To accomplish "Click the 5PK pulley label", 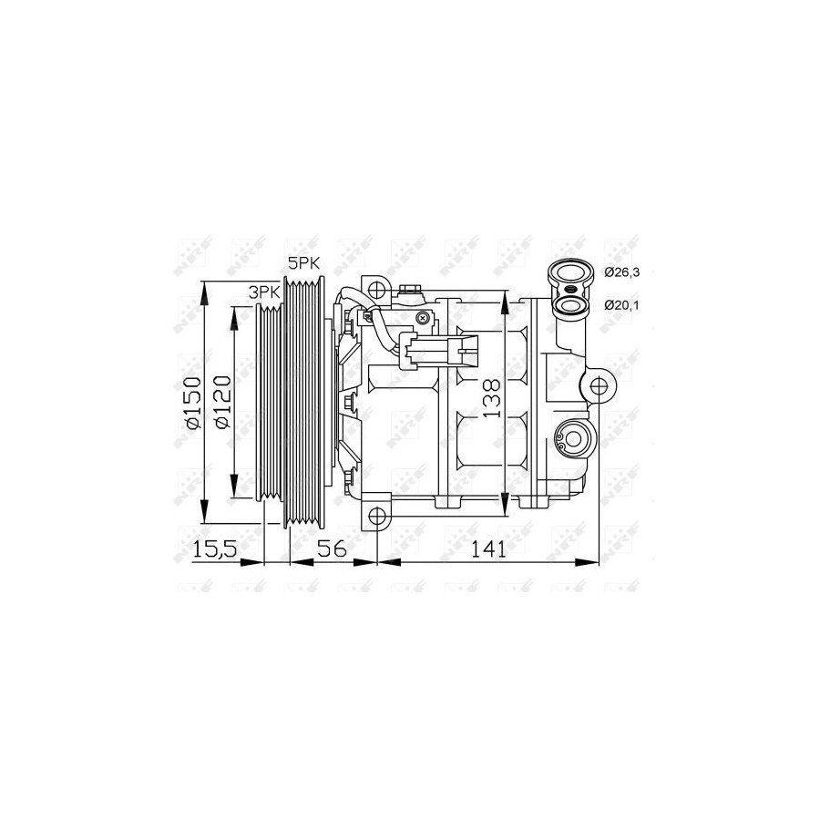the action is click(x=303, y=263).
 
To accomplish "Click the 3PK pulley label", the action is click(x=264, y=292).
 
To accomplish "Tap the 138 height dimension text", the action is click(x=491, y=398).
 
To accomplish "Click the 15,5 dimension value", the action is click(x=215, y=549).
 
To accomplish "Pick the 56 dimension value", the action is click(x=333, y=549).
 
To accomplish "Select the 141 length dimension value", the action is click(x=488, y=549).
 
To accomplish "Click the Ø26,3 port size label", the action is click(x=621, y=272).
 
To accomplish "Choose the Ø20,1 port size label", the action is click(x=621, y=305).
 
